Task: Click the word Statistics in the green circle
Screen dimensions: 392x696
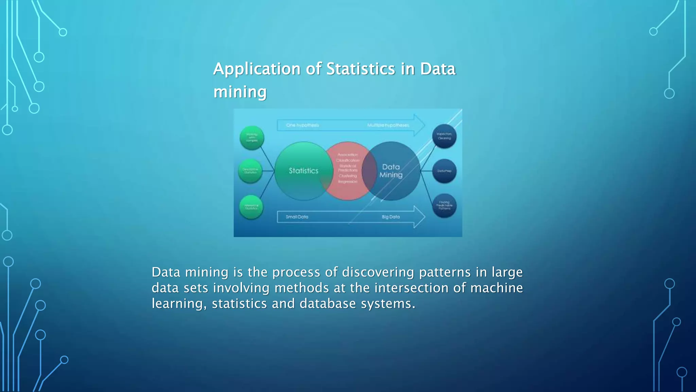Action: point(303,171)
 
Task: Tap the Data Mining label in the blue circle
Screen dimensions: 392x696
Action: point(391,171)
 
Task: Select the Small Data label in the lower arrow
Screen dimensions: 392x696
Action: point(297,217)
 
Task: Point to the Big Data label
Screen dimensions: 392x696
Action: point(390,217)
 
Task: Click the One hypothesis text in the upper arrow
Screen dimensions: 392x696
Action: point(302,125)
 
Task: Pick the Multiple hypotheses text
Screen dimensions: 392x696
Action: point(388,125)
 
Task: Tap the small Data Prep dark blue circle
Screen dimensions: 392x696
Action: point(444,171)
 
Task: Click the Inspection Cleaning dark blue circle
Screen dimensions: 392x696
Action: point(444,136)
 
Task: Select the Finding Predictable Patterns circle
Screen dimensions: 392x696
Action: point(444,206)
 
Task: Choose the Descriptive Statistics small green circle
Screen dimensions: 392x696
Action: point(250,171)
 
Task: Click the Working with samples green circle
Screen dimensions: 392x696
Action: point(252,138)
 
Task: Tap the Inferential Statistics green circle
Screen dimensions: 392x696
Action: point(251,207)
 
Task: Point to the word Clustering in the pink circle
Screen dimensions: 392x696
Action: point(348,176)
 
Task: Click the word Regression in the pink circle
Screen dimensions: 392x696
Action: point(348,182)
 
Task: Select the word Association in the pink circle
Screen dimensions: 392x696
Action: point(348,154)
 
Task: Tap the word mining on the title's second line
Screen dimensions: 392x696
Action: point(240,92)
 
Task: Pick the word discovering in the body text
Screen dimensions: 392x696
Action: point(378,272)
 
